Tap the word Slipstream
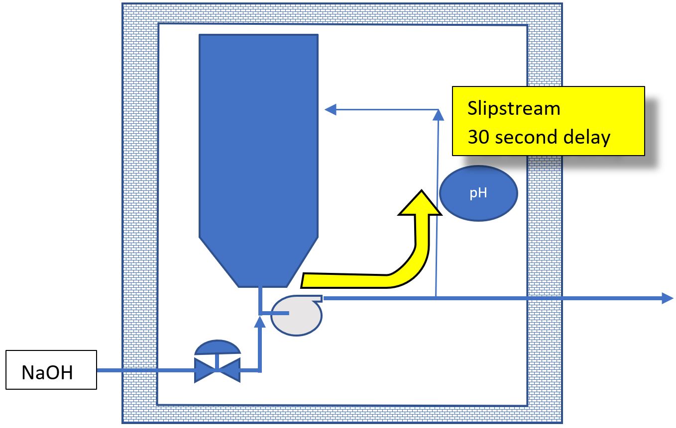[x=514, y=108]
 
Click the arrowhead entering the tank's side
[x=330, y=109]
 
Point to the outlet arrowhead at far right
[x=667, y=298]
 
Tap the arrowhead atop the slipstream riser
[x=438, y=115]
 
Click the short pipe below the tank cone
[x=260, y=298]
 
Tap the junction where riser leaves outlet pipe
[x=436, y=298]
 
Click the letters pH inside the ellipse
[x=478, y=193]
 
